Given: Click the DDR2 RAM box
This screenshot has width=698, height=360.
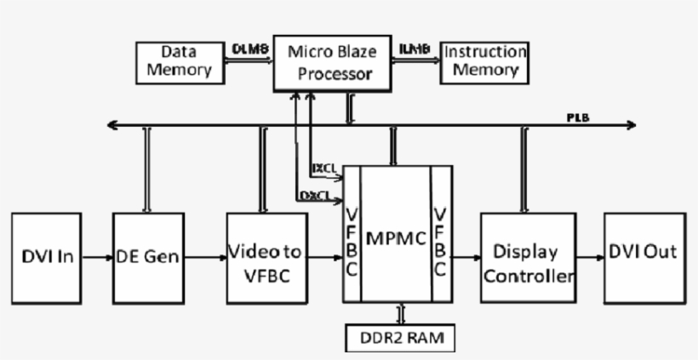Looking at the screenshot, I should point(399,338).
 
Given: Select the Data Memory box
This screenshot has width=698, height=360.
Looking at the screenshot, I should point(179,61).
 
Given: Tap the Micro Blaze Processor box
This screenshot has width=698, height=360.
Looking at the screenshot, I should point(332,63).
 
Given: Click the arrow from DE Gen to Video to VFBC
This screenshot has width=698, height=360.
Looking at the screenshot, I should point(204,256).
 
